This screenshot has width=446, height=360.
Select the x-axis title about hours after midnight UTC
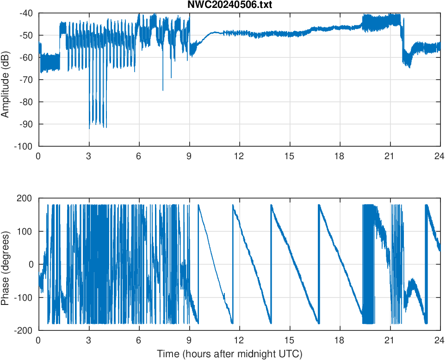[x=229, y=354]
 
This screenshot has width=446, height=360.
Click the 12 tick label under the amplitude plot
[x=239, y=156]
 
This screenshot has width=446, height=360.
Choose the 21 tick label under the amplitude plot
[x=390, y=156]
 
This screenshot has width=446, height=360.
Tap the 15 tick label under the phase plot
[x=290, y=340]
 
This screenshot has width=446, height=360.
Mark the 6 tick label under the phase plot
[x=139, y=340]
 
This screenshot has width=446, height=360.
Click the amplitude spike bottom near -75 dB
[x=163, y=90]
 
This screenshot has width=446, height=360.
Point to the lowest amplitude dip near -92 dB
[x=89, y=128]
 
